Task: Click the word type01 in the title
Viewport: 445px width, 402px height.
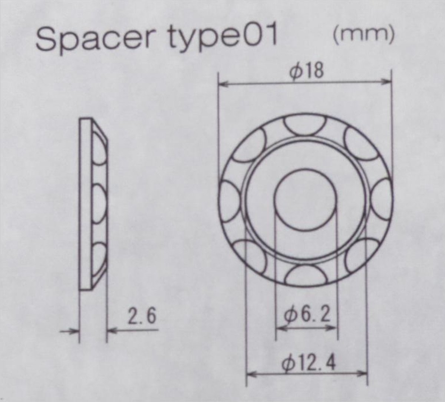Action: point(223,39)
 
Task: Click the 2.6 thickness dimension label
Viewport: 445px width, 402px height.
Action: point(142,316)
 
